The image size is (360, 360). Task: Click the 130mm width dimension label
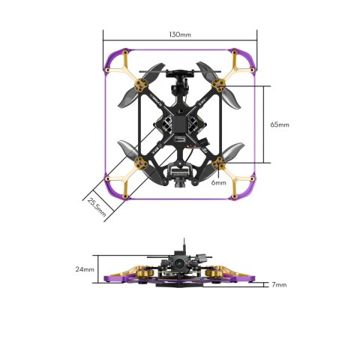click(x=180, y=34)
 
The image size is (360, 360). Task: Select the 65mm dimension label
click(x=278, y=124)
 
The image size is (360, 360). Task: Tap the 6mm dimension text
click(x=218, y=182)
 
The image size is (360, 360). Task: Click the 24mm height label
click(x=85, y=268)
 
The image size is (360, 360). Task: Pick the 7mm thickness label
click(x=279, y=285)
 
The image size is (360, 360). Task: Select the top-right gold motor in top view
click(x=220, y=85)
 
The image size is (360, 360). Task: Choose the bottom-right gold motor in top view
click(x=220, y=163)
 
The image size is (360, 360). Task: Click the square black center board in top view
click(x=180, y=124)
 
